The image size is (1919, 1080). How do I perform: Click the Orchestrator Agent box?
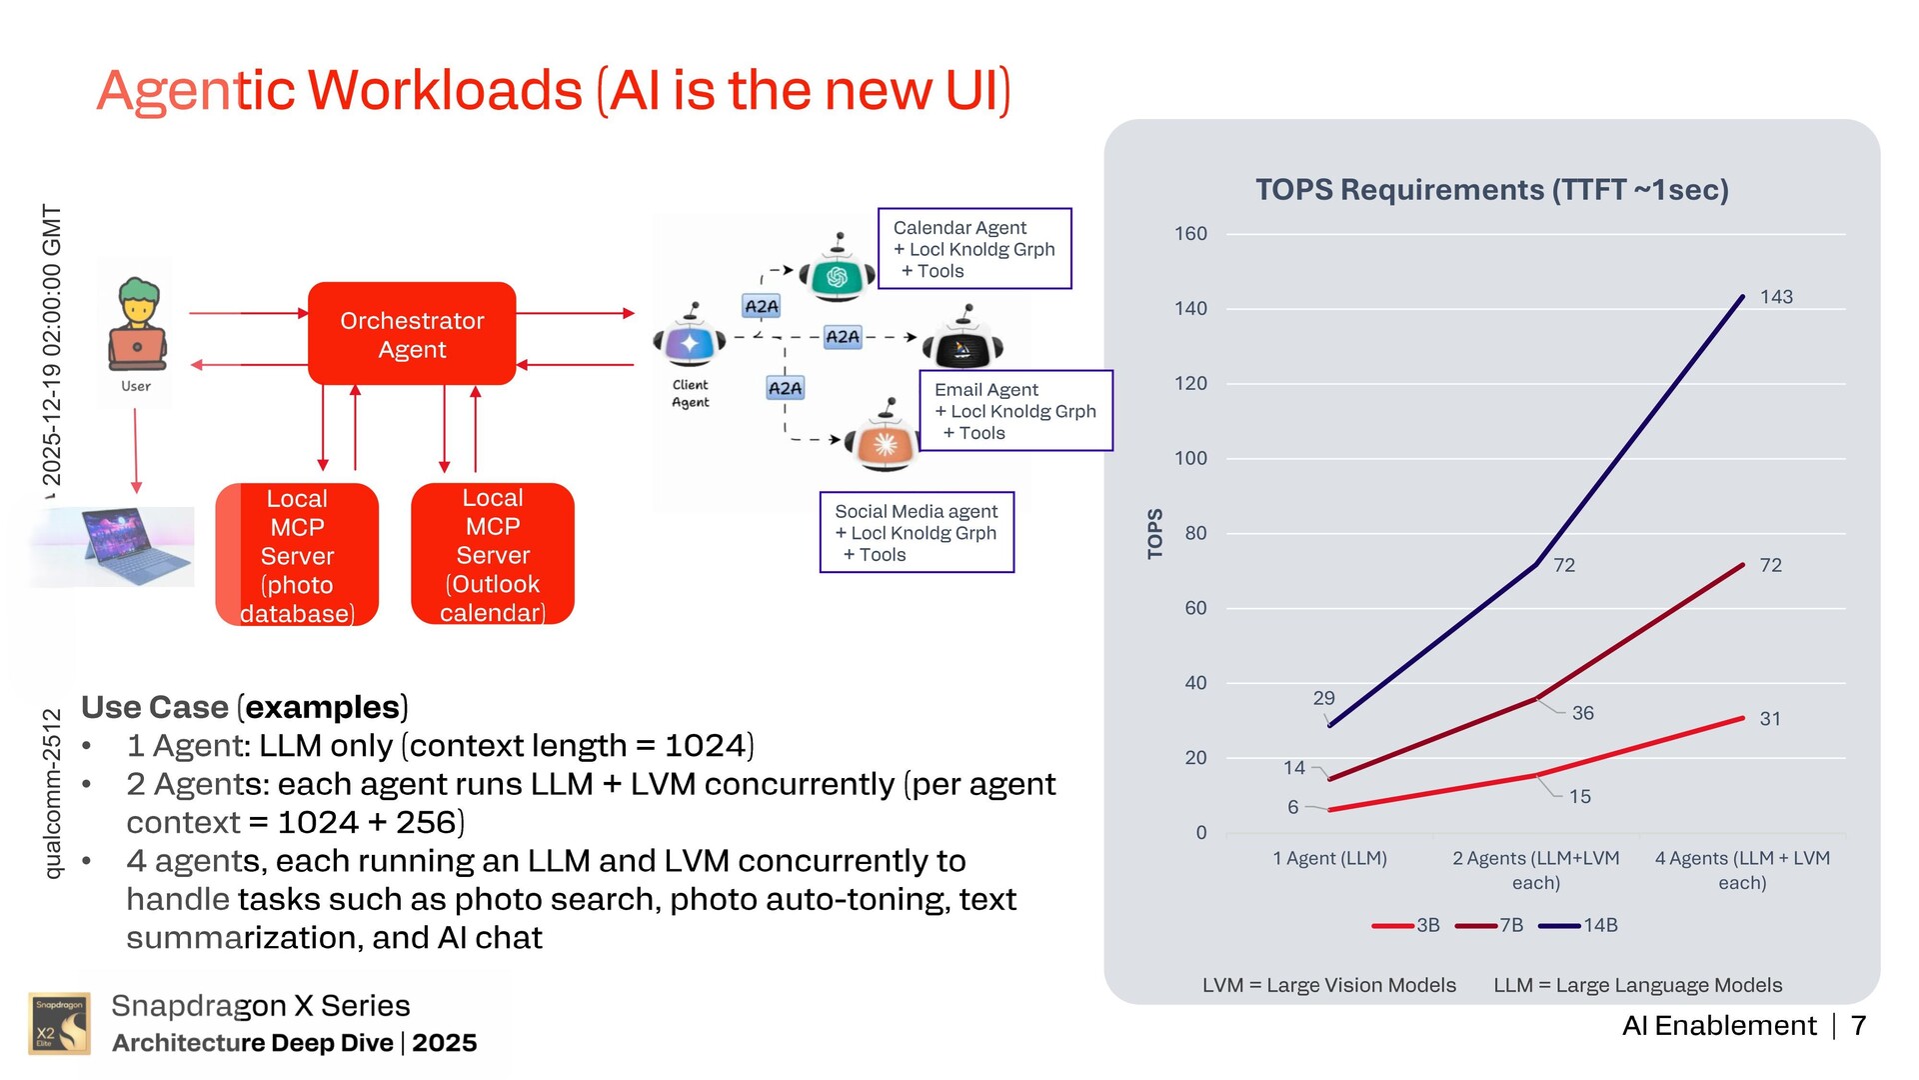coord(412,334)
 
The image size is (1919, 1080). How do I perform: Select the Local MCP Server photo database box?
coord(297,555)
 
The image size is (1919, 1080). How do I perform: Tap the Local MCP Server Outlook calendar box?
coord(493,554)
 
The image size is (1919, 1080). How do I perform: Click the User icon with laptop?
coord(137,325)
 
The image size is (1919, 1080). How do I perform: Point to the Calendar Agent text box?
coord(974,249)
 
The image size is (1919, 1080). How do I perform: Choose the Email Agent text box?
coord(1015,411)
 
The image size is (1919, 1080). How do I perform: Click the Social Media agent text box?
coord(917,532)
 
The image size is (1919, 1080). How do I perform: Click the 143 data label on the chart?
coord(1776,297)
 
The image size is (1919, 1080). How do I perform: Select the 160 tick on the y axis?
coord(1190,234)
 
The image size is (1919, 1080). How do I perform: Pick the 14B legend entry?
coord(1579,926)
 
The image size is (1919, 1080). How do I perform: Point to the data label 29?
coord(1323,698)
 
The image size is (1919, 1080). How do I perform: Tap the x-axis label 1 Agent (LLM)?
coord(1329,858)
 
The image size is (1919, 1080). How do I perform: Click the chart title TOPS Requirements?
coord(1491,190)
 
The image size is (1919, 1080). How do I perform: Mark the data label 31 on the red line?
coord(1770,719)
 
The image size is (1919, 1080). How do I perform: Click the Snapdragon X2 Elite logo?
coord(59,1024)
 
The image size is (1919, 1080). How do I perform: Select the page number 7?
coord(1859,1026)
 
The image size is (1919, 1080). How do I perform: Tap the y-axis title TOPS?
coord(1155,533)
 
